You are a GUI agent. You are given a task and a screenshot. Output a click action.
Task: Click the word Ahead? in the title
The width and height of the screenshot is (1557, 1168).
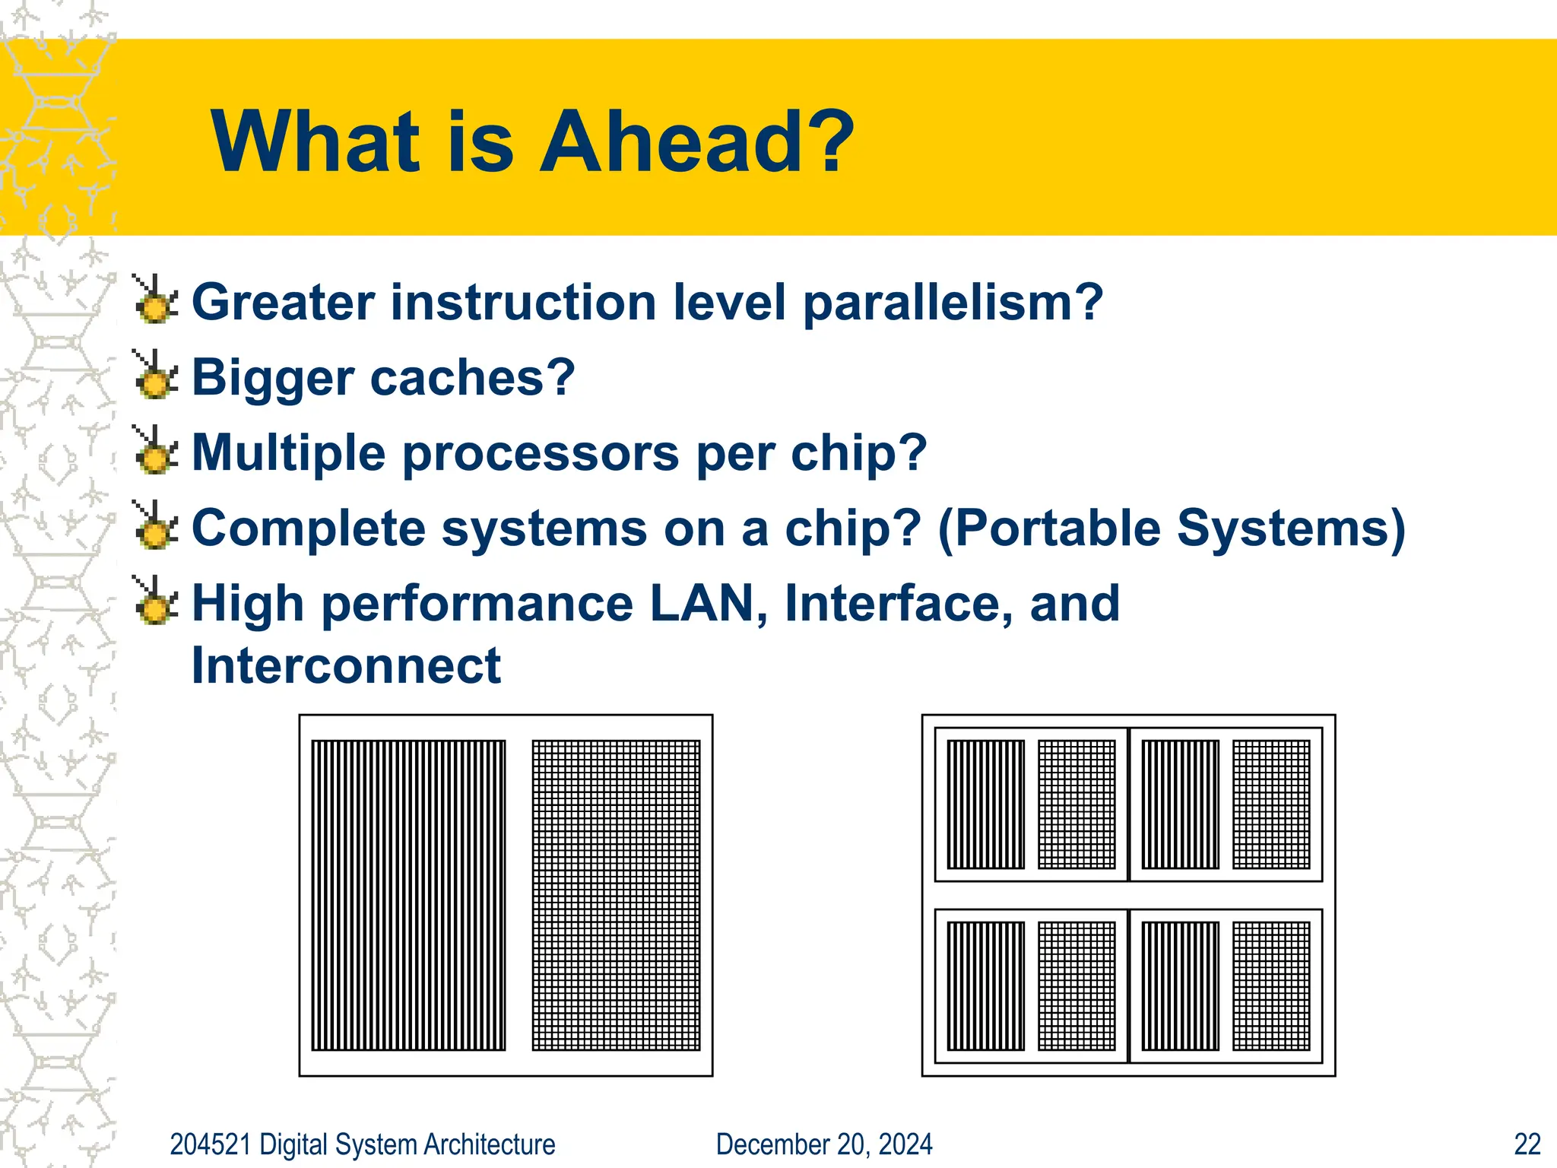click(696, 142)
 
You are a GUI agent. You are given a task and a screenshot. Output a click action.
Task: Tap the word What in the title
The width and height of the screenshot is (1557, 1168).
click(316, 142)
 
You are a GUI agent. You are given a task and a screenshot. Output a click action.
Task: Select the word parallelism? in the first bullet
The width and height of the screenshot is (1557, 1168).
click(953, 303)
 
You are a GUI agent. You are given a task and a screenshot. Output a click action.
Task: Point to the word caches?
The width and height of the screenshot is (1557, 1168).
click(472, 377)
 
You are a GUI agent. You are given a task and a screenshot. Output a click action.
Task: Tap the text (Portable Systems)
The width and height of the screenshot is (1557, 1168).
click(1172, 528)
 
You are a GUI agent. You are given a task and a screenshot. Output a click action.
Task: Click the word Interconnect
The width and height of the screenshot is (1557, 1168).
click(346, 666)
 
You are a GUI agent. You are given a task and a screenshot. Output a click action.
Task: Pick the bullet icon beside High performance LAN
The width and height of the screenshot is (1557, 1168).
click(156, 601)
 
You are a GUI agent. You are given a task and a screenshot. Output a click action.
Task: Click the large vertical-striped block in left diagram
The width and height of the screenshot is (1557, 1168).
click(408, 895)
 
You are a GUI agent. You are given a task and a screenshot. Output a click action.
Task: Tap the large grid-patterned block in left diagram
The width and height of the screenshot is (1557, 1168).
click(616, 895)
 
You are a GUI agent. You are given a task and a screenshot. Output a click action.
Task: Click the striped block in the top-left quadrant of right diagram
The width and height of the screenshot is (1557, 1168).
click(985, 805)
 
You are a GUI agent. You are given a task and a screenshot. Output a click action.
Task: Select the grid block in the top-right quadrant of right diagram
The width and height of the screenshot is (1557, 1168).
click(1271, 805)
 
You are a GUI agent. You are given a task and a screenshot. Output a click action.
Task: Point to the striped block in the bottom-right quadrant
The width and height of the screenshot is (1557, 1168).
click(1180, 986)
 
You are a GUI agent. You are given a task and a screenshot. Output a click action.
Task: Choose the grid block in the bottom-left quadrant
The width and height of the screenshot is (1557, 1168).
click(1077, 986)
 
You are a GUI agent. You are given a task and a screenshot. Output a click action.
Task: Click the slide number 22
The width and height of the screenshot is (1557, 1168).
click(1527, 1144)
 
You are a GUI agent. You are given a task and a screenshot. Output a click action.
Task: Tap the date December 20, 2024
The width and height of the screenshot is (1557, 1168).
click(824, 1144)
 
